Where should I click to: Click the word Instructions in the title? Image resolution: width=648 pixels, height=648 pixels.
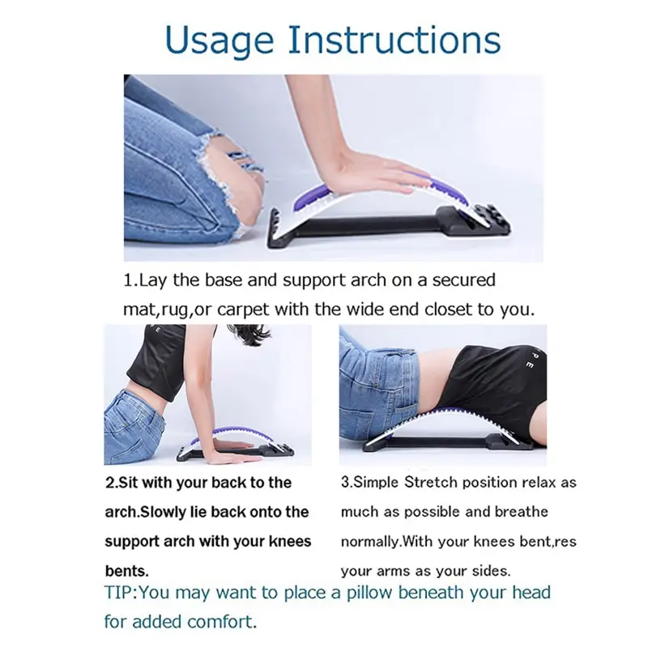coord(394,40)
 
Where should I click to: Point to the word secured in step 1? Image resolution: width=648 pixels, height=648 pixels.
coord(463,280)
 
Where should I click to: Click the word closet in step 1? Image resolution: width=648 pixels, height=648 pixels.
coord(449,309)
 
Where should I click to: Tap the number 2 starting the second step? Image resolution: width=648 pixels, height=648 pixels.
coord(109,483)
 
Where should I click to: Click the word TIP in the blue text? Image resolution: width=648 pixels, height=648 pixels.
coord(118,593)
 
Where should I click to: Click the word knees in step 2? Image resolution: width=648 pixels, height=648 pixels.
coord(290,541)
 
